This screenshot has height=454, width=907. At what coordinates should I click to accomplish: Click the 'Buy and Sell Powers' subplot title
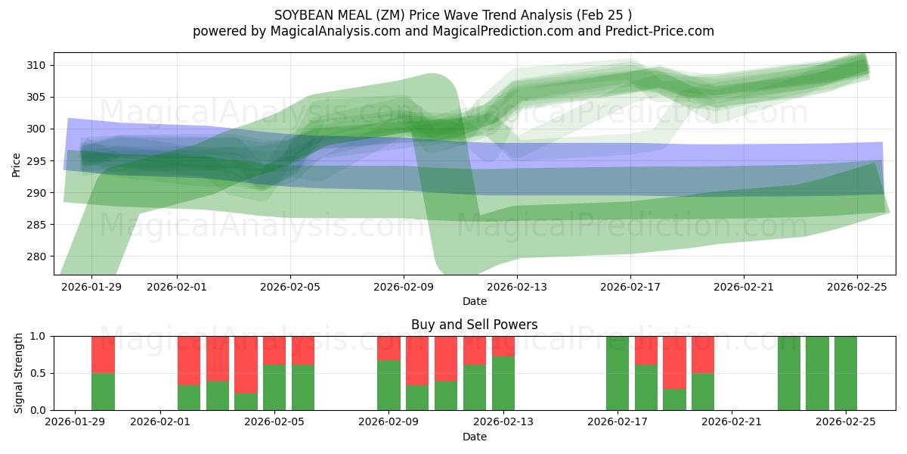[474, 325]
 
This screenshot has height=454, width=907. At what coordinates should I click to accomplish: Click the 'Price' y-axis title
[17, 163]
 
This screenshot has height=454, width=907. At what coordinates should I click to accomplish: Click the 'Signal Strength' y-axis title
[19, 373]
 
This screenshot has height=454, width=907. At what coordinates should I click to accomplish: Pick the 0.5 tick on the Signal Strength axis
[37, 373]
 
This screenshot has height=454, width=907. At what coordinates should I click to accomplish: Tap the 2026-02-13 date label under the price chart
[517, 287]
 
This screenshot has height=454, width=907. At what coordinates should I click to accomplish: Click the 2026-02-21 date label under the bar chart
[732, 421]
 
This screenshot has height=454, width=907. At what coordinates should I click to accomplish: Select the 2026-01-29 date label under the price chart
[91, 287]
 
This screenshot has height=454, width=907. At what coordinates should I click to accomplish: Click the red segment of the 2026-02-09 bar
[388, 347]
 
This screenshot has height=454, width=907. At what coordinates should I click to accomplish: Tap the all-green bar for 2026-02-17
[618, 373]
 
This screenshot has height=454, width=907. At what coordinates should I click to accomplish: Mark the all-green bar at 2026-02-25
[846, 373]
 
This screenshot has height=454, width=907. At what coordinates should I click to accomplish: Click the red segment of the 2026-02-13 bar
[503, 346]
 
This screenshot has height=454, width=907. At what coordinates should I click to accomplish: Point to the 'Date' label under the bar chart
[474, 437]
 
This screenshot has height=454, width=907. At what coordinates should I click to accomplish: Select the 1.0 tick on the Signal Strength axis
[37, 336]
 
